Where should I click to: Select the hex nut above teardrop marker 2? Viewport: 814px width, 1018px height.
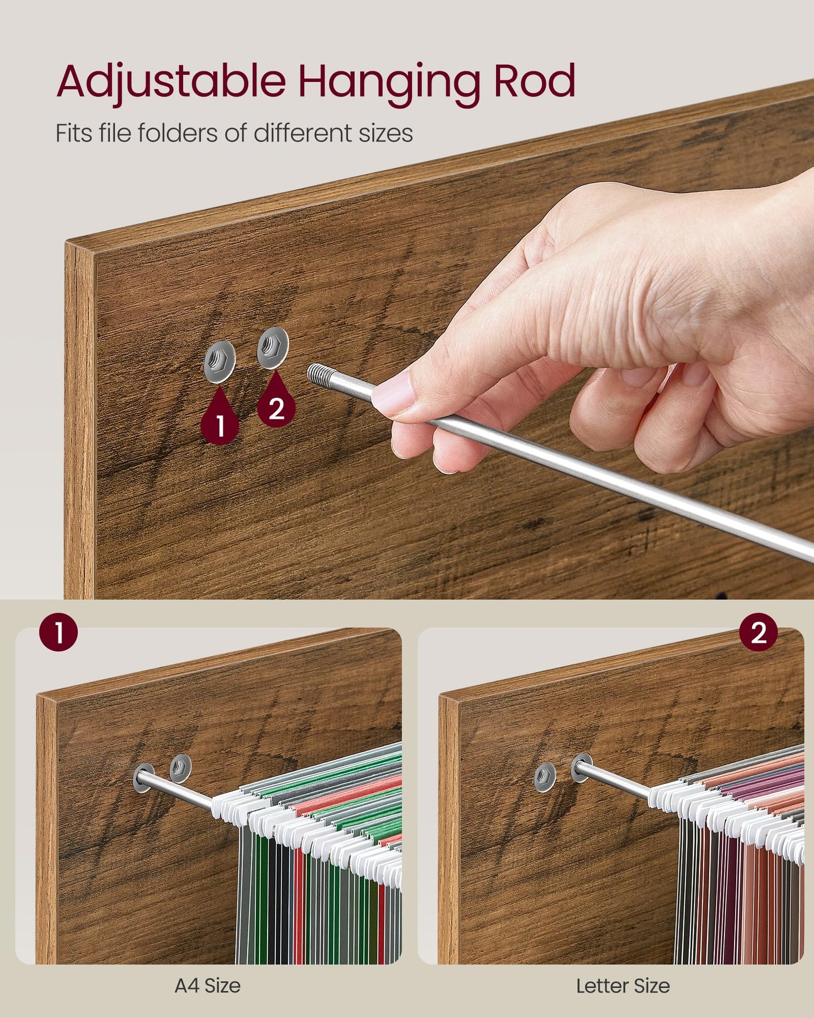(x=273, y=348)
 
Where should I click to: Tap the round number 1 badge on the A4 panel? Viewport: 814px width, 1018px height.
(x=59, y=633)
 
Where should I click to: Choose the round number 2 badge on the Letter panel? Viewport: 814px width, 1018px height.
(x=759, y=632)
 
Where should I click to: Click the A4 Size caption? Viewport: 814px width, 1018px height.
(x=208, y=985)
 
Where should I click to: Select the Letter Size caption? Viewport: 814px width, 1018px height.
(x=623, y=985)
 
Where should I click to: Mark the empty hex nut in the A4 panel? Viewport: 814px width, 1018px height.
(x=180, y=767)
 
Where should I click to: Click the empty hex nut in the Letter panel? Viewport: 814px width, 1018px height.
(x=545, y=777)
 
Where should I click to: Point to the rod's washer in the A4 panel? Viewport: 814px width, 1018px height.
(x=144, y=778)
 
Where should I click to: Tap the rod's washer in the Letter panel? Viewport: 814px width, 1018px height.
(x=581, y=768)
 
